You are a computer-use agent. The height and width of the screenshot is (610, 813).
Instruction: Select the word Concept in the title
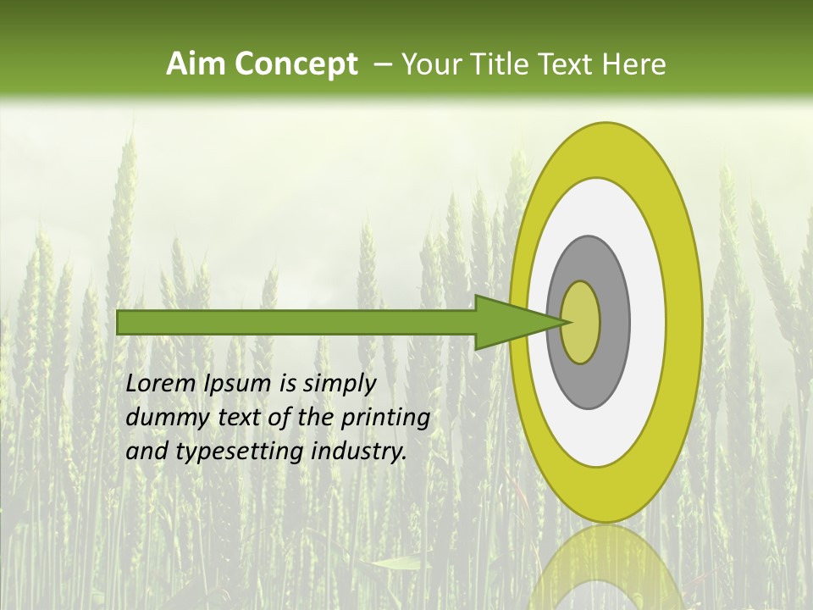(296, 64)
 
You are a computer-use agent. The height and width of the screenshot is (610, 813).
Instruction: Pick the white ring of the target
(648, 323)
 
